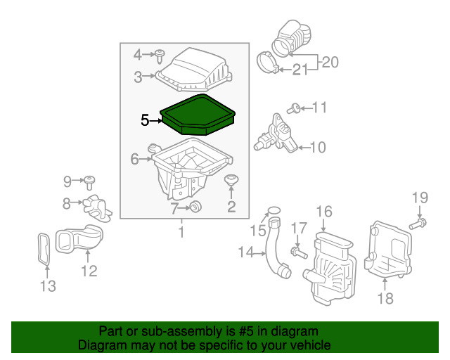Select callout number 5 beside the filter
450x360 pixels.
[x=145, y=120]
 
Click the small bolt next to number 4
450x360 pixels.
[x=161, y=53]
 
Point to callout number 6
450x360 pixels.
[x=134, y=160]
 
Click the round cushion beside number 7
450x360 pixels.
[x=195, y=206]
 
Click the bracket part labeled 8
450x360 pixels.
[x=96, y=207]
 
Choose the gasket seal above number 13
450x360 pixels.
[x=44, y=249]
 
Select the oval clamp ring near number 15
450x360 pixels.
[x=274, y=210]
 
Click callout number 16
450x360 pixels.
[x=323, y=211]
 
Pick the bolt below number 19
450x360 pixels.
[x=416, y=224]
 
